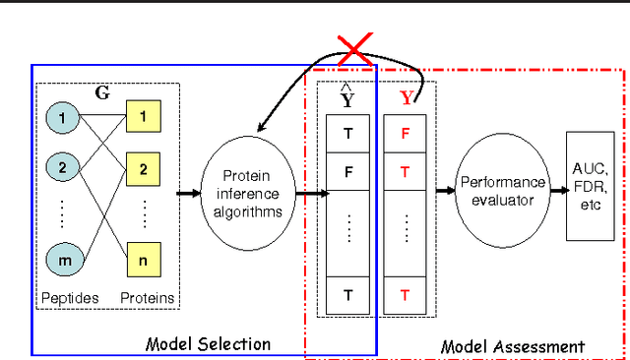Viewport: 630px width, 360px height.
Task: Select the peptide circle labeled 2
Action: point(62,168)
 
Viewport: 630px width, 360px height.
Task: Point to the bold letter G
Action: point(101,92)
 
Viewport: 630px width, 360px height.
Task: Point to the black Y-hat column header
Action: point(346,98)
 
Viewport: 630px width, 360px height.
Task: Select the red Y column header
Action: point(407,98)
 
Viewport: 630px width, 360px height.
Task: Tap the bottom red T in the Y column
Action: point(405,294)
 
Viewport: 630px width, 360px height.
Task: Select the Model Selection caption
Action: point(208,343)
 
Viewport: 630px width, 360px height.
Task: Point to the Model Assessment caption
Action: point(512,346)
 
